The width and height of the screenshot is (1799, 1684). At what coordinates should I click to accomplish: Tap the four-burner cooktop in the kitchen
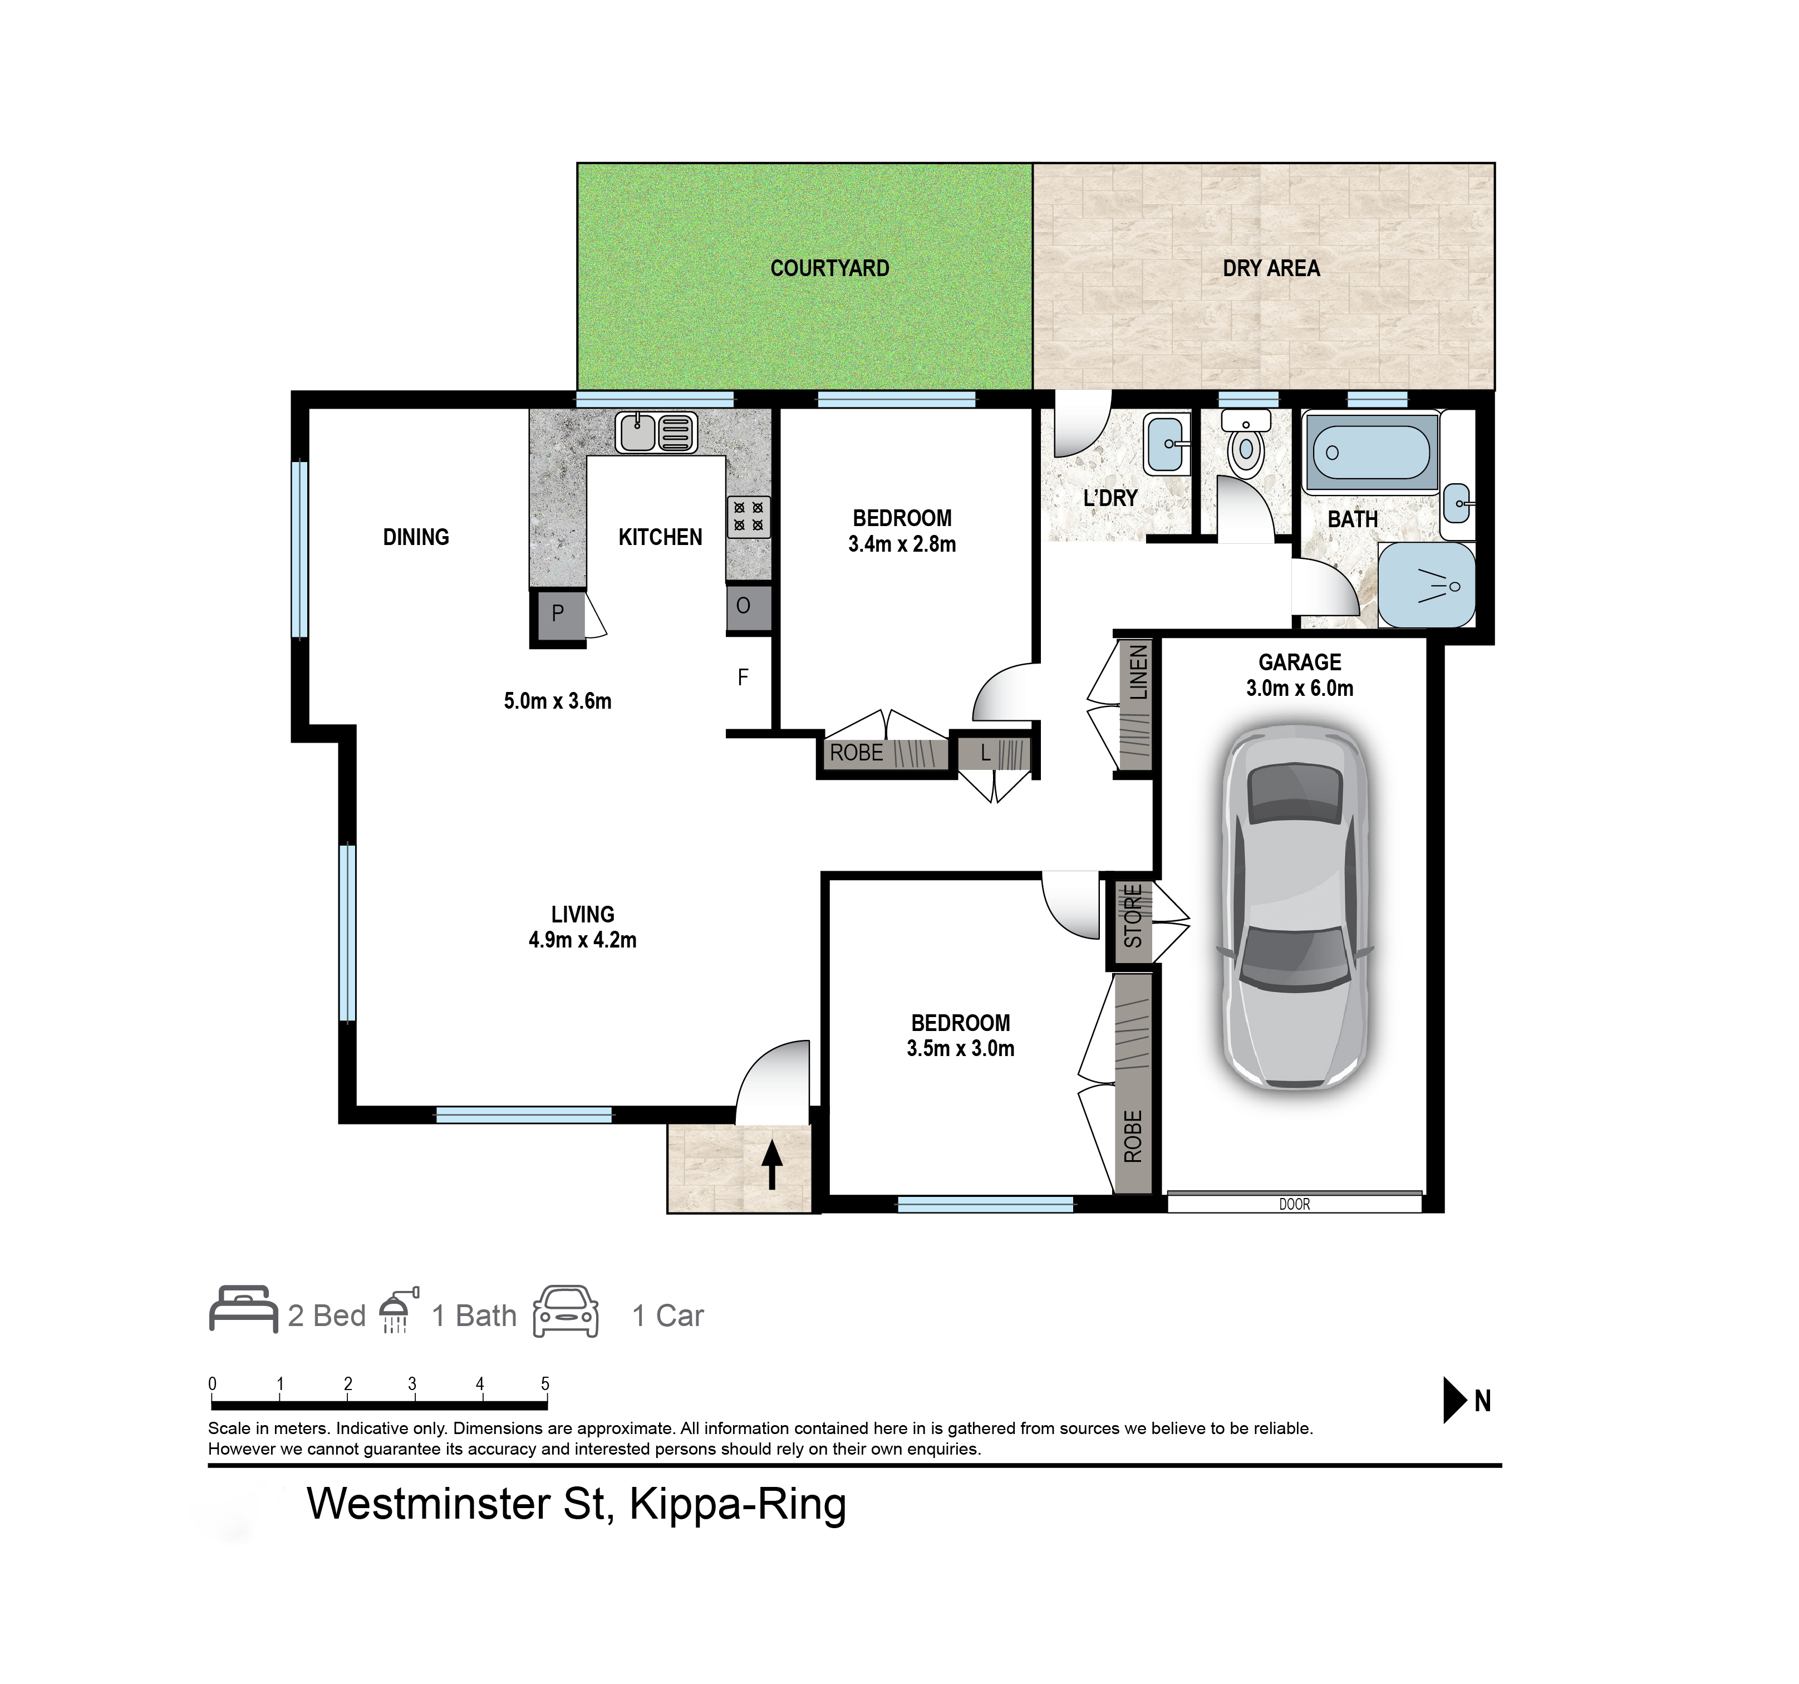(x=748, y=517)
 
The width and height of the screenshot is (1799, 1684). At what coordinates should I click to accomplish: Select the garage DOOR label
(x=1294, y=1205)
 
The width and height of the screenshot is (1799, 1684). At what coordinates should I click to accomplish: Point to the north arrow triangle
(x=1454, y=1401)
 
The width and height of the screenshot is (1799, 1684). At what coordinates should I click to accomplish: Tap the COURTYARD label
(x=830, y=269)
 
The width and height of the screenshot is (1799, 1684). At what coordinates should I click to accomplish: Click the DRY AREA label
(x=1271, y=269)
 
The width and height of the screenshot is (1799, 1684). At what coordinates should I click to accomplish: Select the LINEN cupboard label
(x=1138, y=672)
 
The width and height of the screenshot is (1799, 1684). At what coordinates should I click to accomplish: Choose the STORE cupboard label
(x=1132, y=917)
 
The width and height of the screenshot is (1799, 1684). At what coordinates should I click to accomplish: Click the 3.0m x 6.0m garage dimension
(x=1300, y=689)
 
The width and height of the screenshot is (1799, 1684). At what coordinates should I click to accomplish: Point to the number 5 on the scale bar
(x=545, y=1383)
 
